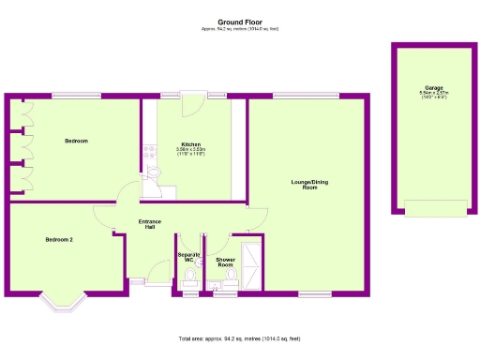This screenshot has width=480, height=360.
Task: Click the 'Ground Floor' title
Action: click(x=239, y=21)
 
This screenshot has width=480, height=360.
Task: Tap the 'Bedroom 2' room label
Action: click(x=59, y=240)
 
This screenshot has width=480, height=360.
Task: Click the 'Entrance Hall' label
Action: click(x=150, y=224)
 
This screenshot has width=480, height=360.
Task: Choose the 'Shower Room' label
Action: click(x=225, y=262)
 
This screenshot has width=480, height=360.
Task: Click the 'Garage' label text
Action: click(x=433, y=88)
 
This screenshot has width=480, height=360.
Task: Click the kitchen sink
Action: click(x=155, y=173)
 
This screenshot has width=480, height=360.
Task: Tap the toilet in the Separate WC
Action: click(x=190, y=276)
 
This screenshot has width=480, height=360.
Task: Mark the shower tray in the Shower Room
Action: click(x=252, y=265)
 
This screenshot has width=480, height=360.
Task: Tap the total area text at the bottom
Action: click(x=239, y=337)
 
